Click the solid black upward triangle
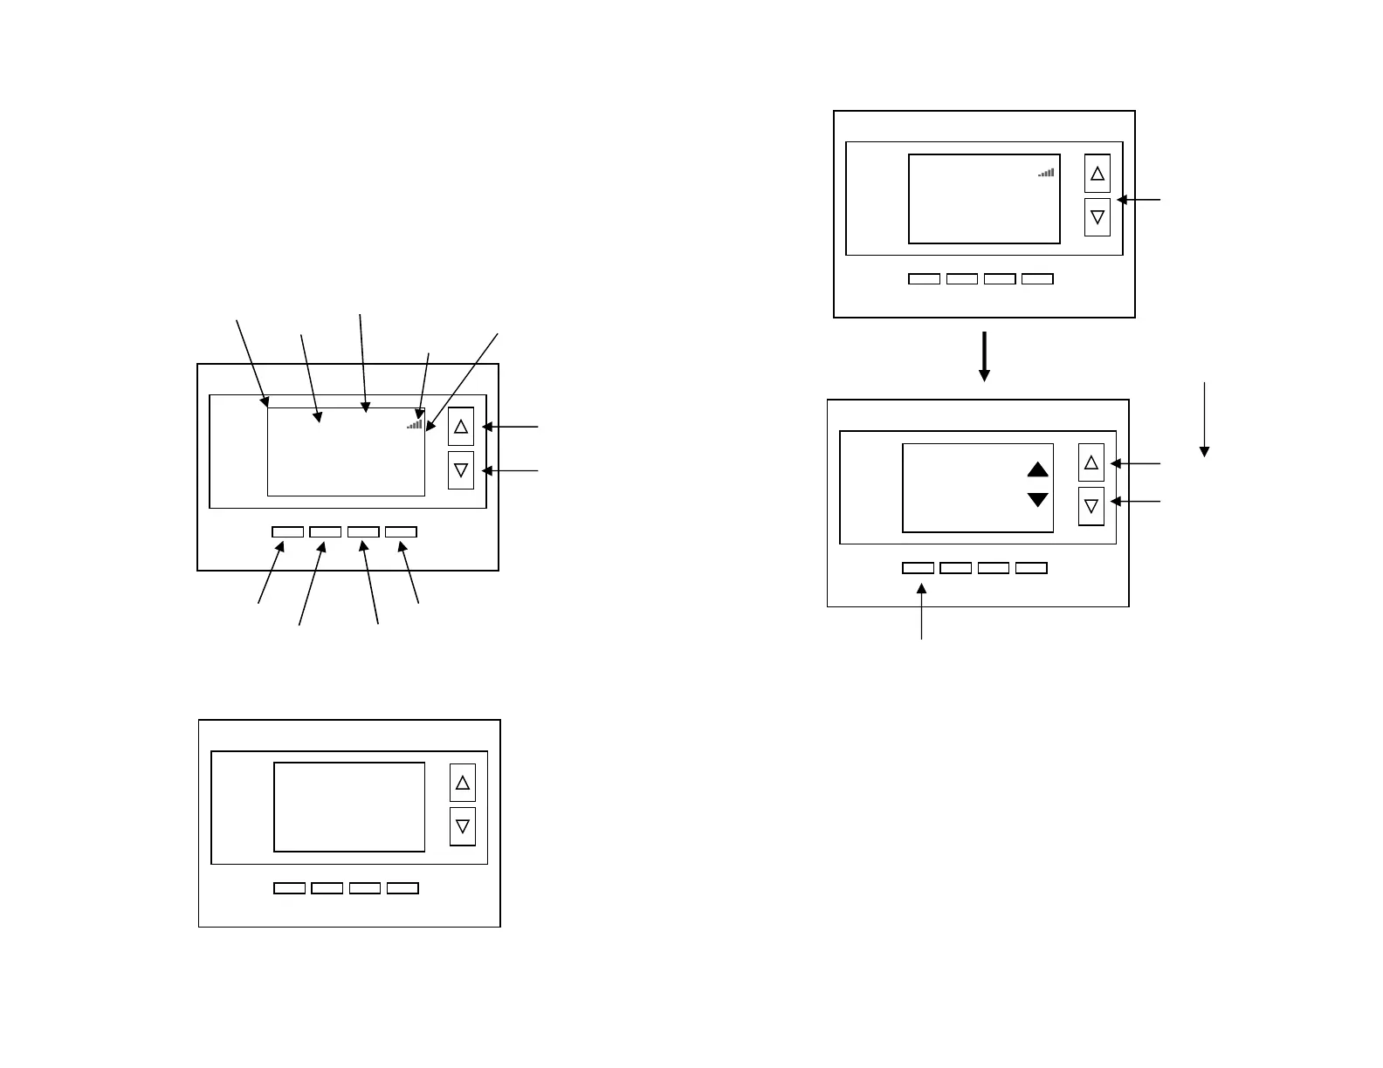(1037, 469)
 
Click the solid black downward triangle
(1037, 499)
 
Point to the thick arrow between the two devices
(984, 356)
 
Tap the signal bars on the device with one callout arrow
(1046, 173)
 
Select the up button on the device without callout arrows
(463, 783)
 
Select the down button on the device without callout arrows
(463, 825)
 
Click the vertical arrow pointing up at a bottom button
(922, 611)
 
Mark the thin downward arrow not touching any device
(1204, 419)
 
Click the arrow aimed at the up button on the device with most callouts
(511, 427)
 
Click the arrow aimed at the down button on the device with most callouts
(511, 471)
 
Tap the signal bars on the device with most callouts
(415, 424)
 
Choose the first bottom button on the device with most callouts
(287, 531)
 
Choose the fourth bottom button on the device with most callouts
(401, 531)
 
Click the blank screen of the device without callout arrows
(349, 807)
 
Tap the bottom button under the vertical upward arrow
(918, 568)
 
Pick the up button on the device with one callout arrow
(1097, 174)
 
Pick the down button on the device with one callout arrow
(1097, 217)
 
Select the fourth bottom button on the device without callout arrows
(403, 888)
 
